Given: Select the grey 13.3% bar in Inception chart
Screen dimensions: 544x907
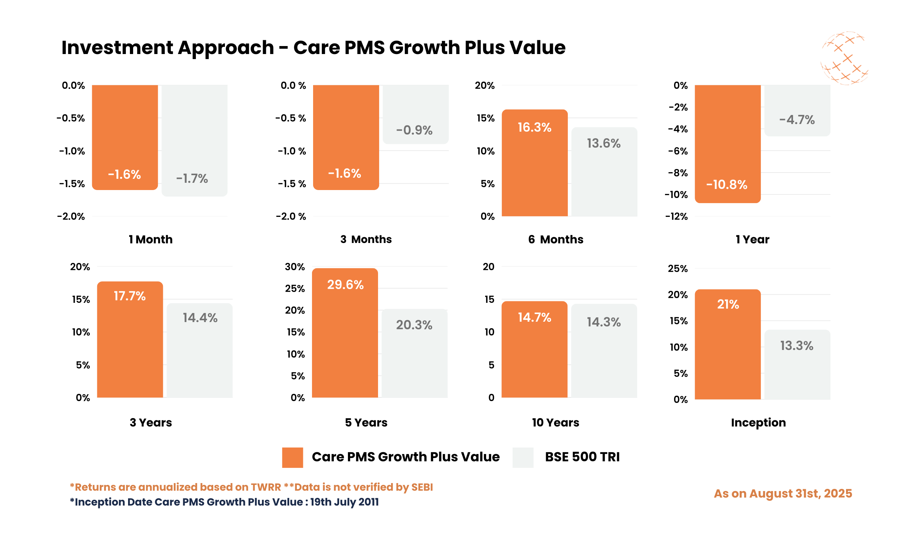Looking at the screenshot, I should tap(797, 370).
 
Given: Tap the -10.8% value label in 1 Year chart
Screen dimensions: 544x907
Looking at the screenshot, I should tap(726, 184).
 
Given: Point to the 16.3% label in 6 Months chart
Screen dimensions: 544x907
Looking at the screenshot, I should tap(534, 127).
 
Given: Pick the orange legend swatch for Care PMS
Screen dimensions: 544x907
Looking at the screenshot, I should tap(292, 457).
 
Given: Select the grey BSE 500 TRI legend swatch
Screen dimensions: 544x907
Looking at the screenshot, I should tap(523, 457).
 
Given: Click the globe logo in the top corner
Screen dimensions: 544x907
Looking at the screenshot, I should tap(844, 58).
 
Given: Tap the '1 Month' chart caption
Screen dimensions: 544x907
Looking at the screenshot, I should tap(150, 239).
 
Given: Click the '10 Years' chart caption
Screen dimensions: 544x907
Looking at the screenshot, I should tap(555, 422).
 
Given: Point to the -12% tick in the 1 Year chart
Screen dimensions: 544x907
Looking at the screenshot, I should tap(676, 216).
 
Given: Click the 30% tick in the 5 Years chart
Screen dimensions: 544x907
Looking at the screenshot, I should tap(295, 267).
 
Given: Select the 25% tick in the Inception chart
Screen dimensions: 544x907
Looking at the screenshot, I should tap(677, 268).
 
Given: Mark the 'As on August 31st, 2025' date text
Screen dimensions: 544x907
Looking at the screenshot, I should tap(783, 494).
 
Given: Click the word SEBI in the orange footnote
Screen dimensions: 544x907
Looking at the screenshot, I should tap(422, 487).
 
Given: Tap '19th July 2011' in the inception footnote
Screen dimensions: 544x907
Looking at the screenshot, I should tap(344, 502).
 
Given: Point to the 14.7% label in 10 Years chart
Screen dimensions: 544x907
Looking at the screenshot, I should tap(534, 317).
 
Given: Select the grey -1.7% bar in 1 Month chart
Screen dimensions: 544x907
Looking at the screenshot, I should tap(194, 139).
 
